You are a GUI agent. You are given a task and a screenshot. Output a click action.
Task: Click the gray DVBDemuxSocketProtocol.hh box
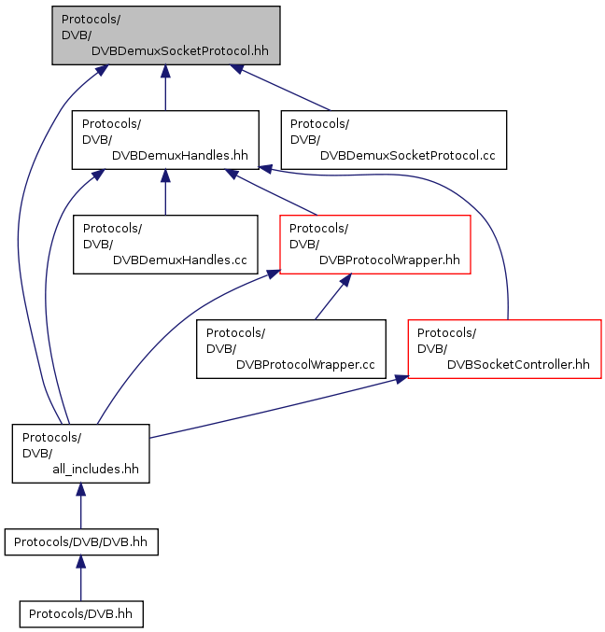click(x=165, y=35)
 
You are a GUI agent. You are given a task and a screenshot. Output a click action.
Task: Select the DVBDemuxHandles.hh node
click(x=165, y=139)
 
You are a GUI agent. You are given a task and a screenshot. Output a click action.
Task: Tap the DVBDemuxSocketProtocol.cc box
click(x=393, y=139)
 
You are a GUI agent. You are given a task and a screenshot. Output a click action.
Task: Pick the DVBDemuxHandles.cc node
click(x=165, y=245)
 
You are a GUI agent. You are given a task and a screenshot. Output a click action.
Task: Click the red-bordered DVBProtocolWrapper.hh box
click(x=374, y=245)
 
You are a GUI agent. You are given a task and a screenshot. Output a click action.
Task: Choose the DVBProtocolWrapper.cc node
click(x=291, y=348)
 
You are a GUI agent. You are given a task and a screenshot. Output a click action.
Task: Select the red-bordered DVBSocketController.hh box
click(x=504, y=348)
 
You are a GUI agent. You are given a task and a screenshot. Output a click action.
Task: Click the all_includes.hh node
click(x=80, y=453)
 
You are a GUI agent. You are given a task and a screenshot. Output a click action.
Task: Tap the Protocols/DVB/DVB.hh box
click(x=81, y=541)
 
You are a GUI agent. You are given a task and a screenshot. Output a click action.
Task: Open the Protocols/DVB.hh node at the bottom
click(x=81, y=614)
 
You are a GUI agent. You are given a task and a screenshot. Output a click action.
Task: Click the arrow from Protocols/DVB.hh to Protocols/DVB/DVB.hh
click(x=80, y=578)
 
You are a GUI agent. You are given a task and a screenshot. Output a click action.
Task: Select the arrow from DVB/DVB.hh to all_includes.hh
click(x=80, y=506)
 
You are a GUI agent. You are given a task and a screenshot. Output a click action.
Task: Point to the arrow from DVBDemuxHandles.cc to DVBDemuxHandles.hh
click(x=165, y=192)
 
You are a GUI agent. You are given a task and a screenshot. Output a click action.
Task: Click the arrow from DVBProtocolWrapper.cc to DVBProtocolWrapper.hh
click(x=333, y=297)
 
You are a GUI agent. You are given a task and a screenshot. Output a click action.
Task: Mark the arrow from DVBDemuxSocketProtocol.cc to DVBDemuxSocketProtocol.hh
click(x=280, y=88)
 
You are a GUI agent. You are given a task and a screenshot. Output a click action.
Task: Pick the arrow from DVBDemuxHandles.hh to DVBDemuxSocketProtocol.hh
click(x=165, y=88)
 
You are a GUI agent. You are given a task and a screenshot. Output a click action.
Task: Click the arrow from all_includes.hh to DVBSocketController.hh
click(x=279, y=407)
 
